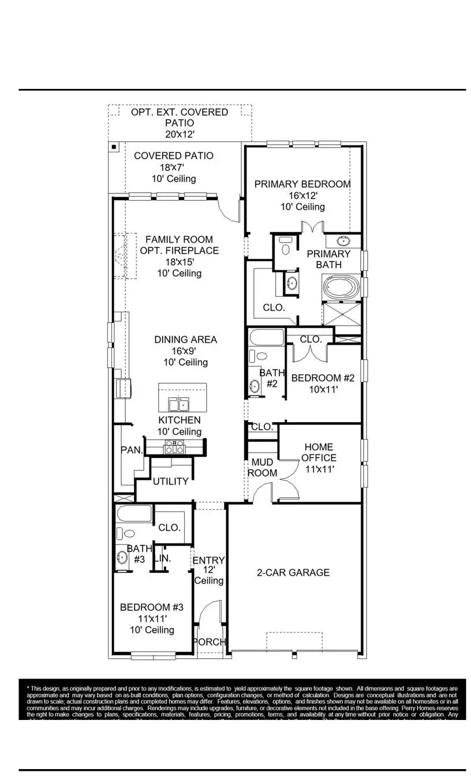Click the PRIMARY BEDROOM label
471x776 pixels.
pyautogui.click(x=302, y=184)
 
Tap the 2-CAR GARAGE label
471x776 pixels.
pyautogui.click(x=293, y=572)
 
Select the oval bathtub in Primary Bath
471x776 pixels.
pyautogui.click(x=340, y=287)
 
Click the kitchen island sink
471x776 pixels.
pyautogui.click(x=178, y=401)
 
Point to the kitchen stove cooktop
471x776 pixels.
pyautogui.click(x=174, y=446)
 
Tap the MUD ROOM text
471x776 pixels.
pyautogui.click(x=262, y=468)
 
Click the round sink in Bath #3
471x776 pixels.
pyautogui.click(x=122, y=558)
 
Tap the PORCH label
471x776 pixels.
pyautogui.click(x=209, y=642)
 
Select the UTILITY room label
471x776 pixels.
pyautogui.click(x=170, y=481)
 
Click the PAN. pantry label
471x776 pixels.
pyautogui.click(x=132, y=450)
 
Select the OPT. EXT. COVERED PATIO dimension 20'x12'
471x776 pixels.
pyautogui.click(x=179, y=134)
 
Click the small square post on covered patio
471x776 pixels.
pyautogui.click(x=114, y=147)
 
